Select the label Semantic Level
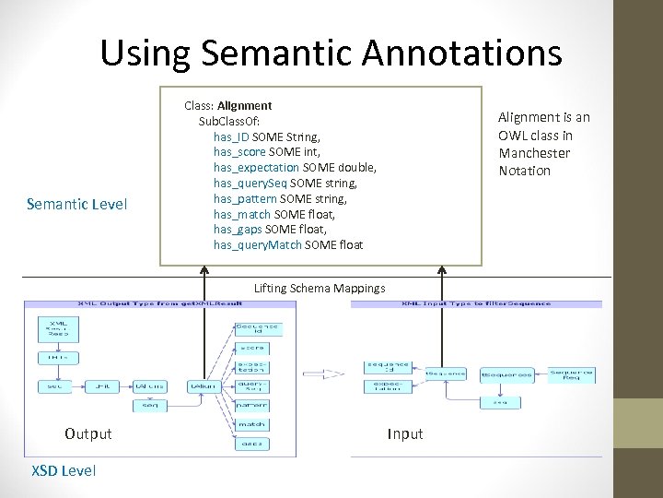pos(78,204)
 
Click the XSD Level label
pos(63,470)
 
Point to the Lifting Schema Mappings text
pos(320,289)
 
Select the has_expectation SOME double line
pos(295,167)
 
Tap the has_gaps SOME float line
pos(270,229)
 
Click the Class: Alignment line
pos(227,106)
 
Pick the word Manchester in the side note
pos(534,153)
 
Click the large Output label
pos(88,433)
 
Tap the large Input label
pos(405,433)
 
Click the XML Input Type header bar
pos(478,303)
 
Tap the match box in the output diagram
pos(251,424)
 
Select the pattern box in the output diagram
pos(251,405)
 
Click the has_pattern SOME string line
pos(280,198)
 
